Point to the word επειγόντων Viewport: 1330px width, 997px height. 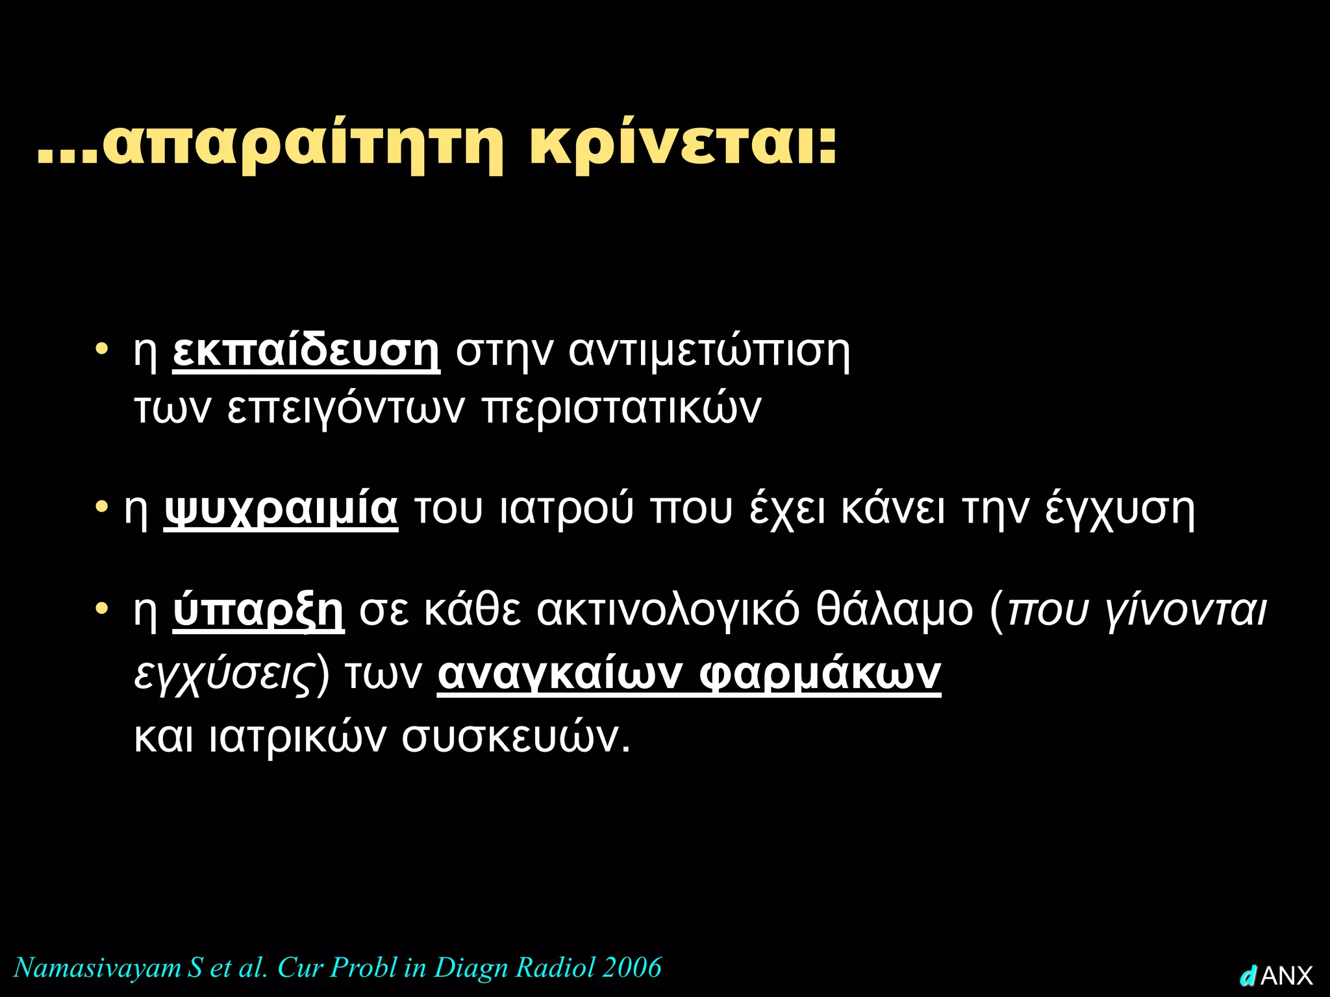(x=346, y=409)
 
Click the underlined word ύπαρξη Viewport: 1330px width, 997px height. (x=258, y=610)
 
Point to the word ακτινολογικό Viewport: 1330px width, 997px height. (x=668, y=610)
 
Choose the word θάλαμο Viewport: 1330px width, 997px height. (x=895, y=610)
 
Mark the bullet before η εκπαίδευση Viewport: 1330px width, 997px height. (x=101, y=349)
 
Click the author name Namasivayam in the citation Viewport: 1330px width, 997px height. (x=97, y=967)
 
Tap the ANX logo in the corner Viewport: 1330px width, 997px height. (x=1277, y=976)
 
